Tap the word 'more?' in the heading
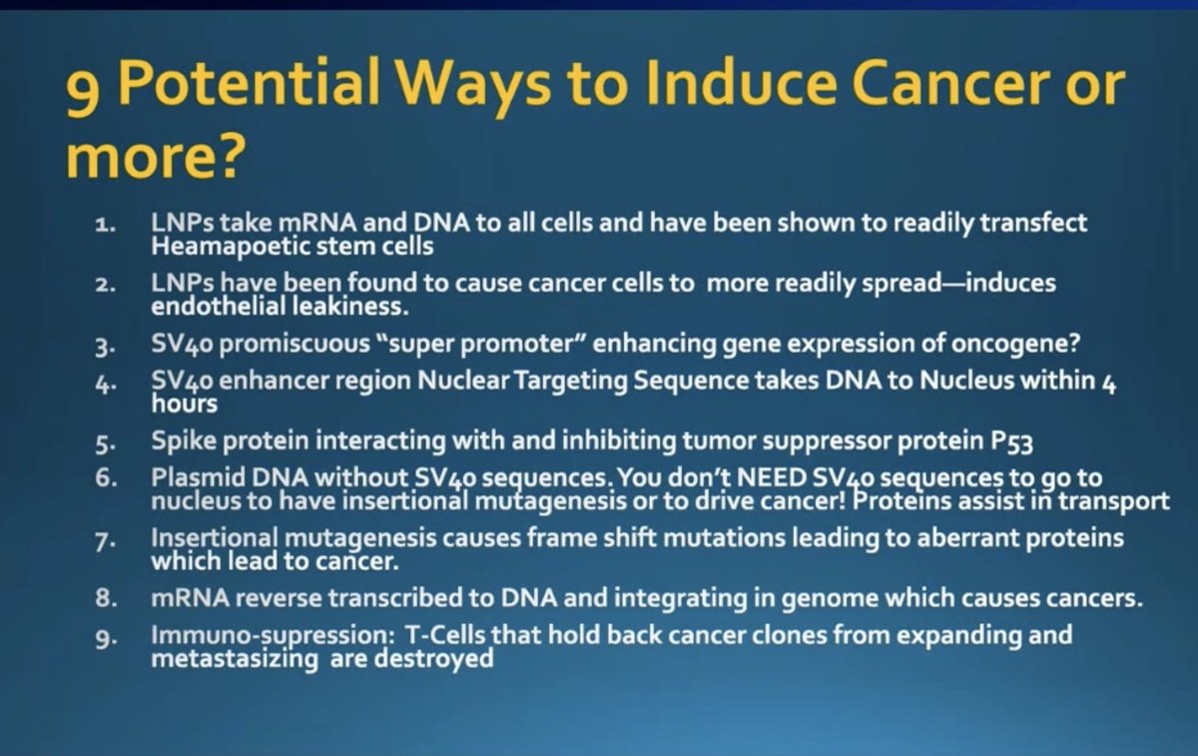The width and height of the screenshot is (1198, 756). coord(156,156)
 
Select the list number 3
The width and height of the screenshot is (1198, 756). coord(105,346)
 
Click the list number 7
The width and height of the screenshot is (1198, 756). coord(105,541)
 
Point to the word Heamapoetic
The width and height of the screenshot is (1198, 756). coord(231,248)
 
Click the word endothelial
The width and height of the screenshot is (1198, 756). coord(219,307)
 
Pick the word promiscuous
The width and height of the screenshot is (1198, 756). coord(295,344)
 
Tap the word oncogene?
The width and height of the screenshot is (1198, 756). coord(1016,344)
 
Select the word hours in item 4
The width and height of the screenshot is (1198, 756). coord(185,403)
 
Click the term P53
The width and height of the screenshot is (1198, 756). coord(1012,442)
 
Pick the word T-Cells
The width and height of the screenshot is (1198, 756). coord(446,635)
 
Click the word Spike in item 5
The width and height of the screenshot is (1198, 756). coord(184,441)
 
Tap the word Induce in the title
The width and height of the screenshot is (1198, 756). coord(736,84)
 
